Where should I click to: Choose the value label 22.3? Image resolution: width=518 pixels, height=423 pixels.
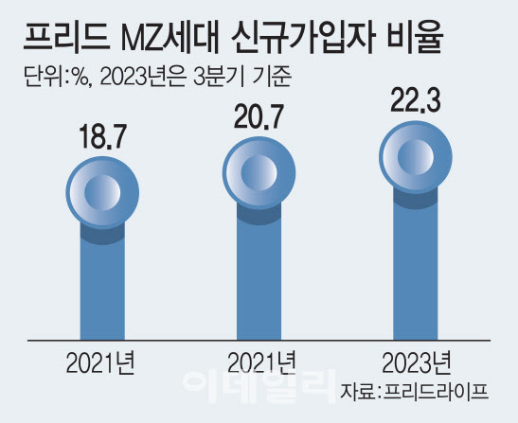pos(416,99)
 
